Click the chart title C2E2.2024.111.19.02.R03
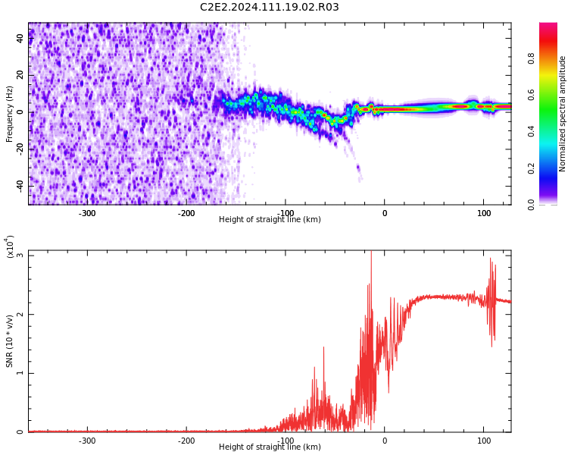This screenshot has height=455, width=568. click(x=269, y=7)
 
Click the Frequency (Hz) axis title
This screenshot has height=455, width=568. click(x=9, y=114)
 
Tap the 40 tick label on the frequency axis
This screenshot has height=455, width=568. click(x=20, y=38)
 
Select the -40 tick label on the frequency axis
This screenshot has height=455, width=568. click(x=20, y=187)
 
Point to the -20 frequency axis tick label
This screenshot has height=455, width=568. click(x=20, y=149)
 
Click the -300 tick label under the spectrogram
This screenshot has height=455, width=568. click(x=87, y=213)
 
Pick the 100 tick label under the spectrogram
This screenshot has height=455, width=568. click(x=484, y=213)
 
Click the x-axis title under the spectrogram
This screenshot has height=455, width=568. click(x=270, y=219)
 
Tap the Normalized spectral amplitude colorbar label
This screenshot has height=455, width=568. click(x=562, y=114)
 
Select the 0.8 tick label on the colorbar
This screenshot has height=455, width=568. click(x=531, y=58)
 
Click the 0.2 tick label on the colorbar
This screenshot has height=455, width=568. click(x=531, y=168)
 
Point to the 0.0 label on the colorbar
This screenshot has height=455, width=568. click(x=531, y=205)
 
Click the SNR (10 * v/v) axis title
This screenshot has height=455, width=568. click(x=9, y=341)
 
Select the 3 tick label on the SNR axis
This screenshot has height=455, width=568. click(x=20, y=255)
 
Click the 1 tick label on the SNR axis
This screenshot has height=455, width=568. click(x=20, y=373)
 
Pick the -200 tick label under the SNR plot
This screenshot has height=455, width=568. click(x=186, y=441)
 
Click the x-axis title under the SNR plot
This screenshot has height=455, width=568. click(x=270, y=447)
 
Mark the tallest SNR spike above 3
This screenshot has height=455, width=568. click(x=371, y=253)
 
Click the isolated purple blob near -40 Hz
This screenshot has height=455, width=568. click(x=359, y=174)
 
